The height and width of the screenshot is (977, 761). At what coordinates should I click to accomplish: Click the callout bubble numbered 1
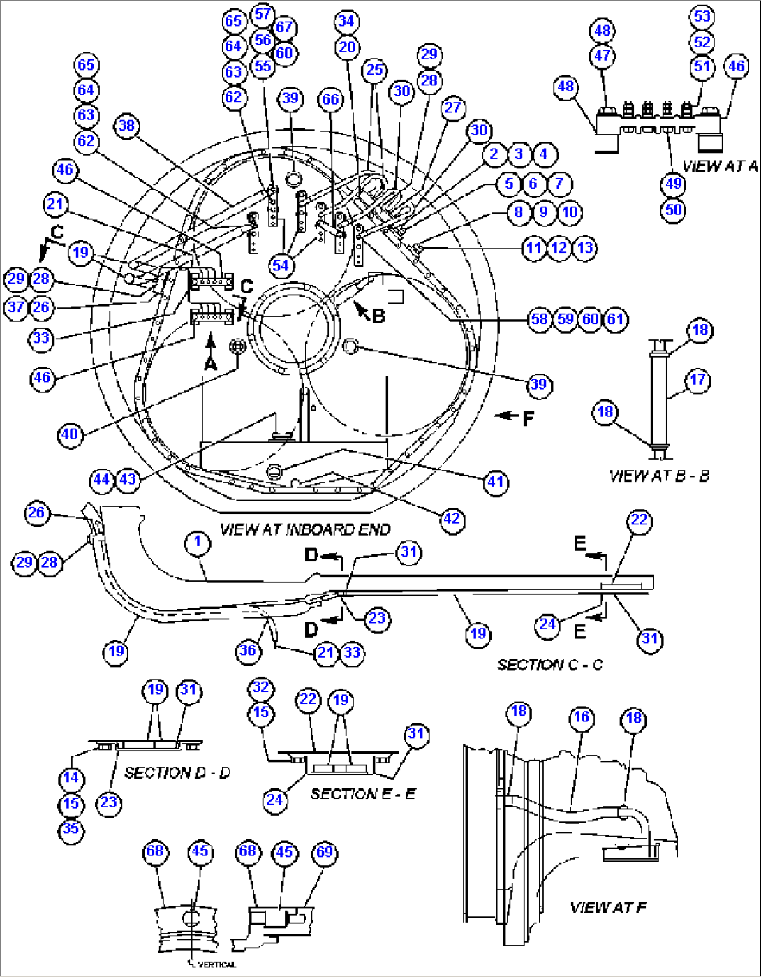click(x=198, y=542)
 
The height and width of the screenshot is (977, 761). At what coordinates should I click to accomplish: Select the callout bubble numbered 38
click(x=127, y=126)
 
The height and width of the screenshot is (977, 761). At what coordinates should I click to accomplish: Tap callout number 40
click(x=69, y=434)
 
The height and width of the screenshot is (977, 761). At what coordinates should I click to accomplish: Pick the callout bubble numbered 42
click(x=452, y=519)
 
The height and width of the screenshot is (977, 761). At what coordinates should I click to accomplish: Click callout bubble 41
click(x=495, y=482)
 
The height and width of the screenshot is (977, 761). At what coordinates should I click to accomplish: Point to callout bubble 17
click(x=698, y=381)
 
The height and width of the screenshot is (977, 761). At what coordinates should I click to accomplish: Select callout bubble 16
click(x=581, y=717)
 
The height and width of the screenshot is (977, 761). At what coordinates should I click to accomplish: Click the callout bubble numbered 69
click(x=325, y=852)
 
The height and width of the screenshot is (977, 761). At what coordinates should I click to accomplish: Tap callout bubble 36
click(x=248, y=651)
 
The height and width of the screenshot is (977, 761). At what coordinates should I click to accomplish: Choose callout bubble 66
click(x=330, y=99)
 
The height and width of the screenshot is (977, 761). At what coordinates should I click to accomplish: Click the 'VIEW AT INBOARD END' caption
click(x=305, y=529)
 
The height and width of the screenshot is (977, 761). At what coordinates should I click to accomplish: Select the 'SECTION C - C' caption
click(x=549, y=664)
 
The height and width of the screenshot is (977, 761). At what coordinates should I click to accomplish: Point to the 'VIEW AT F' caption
click(x=607, y=907)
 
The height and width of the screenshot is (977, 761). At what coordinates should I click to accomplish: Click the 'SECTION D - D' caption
click(x=177, y=772)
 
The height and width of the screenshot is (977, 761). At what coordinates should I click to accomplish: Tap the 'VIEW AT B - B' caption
click(x=658, y=476)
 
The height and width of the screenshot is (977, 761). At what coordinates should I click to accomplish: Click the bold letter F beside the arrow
click(x=529, y=418)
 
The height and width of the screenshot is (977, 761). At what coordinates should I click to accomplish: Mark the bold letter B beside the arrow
click(x=378, y=316)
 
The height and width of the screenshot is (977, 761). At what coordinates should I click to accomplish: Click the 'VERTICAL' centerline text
click(x=216, y=964)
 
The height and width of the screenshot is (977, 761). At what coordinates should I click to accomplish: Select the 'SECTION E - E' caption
click(x=362, y=793)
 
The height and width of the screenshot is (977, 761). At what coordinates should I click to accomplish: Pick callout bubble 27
click(x=453, y=107)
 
